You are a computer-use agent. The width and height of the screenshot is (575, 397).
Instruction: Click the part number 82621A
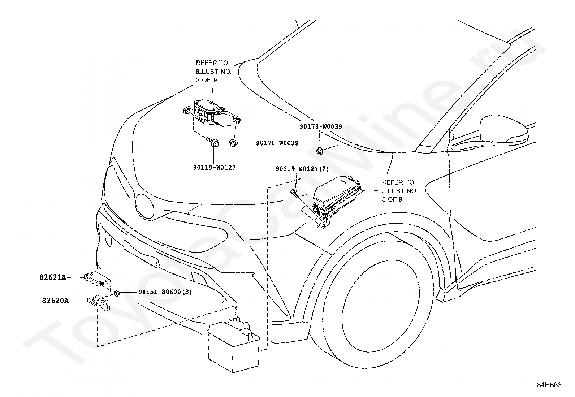[53, 277]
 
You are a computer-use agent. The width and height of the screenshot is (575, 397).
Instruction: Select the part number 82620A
[56, 301]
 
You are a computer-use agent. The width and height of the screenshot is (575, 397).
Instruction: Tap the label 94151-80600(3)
[165, 292]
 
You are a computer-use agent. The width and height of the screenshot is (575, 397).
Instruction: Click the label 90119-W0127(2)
[302, 169]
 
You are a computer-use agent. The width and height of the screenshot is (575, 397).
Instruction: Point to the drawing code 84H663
[549, 385]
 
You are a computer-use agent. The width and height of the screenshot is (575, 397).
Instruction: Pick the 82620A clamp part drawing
[99, 302]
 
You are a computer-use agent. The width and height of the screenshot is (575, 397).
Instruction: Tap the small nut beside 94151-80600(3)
[117, 293]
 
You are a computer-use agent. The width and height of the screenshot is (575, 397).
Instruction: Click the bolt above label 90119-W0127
[213, 142]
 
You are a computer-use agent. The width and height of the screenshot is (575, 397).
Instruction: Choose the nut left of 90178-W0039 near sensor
[233, 143]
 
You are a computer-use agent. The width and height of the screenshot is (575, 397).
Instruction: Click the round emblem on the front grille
[144, 206]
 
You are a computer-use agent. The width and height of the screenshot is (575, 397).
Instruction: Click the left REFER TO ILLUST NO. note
[213, 72]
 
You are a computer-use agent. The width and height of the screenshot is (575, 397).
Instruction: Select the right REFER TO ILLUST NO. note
[400, 191]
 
